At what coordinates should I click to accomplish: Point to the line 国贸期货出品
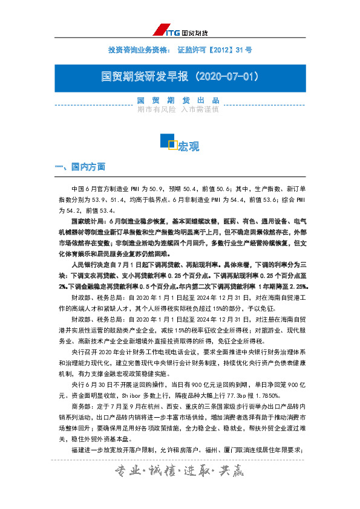click(x=178, y=100)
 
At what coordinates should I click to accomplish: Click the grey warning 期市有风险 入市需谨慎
click(x=178, y=110)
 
